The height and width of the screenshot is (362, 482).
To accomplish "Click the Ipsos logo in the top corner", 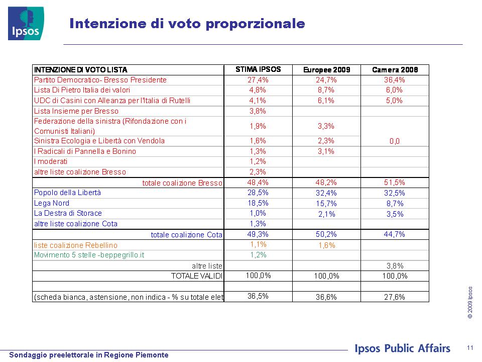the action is [26, 24].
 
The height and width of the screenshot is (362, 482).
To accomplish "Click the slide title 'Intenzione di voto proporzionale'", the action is [187, 24].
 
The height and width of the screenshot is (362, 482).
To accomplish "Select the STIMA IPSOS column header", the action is [258, 69].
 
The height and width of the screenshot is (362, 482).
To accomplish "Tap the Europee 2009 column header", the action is [326, 70].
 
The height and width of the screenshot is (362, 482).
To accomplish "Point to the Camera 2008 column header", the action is [395, 70].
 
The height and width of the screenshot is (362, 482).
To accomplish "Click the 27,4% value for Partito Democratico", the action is [258, 80].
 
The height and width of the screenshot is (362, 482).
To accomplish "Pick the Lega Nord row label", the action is [52, 203].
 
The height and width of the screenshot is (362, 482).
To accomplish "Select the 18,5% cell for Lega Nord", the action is [258, 203].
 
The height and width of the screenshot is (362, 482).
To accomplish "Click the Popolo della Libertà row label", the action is [67, 193].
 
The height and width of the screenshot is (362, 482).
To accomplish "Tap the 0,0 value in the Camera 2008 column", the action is [395, 141].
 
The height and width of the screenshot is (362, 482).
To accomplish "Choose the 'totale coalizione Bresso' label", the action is [182, 183].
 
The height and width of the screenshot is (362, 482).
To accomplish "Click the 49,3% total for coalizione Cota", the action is [258, 234].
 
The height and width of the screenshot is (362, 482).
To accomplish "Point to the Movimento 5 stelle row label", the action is [89, 255].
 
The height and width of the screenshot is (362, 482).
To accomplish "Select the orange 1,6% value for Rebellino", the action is [326, 245].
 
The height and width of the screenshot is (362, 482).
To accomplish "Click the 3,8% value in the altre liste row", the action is [395, 266].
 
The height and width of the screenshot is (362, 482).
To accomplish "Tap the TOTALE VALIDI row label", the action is [197, 276].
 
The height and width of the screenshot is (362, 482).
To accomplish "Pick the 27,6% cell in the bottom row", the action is [395, 297].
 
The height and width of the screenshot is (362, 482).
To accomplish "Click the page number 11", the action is [470, 348].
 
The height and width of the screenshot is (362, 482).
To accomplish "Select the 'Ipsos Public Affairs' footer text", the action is [402, 348].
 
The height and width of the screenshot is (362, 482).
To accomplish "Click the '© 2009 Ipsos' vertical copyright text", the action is [470, 302].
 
